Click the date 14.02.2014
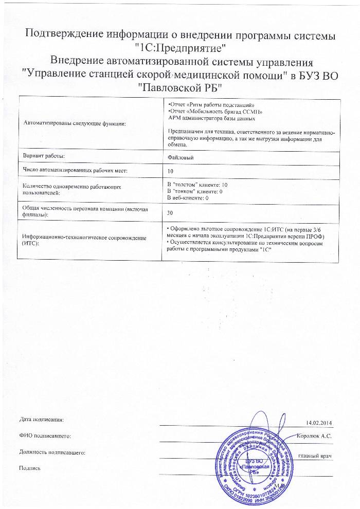click(319, 423)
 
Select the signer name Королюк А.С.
click(314, 436)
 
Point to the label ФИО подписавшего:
click(45, 436)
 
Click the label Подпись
click(29, 468)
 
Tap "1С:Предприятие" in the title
click(180, 49)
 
